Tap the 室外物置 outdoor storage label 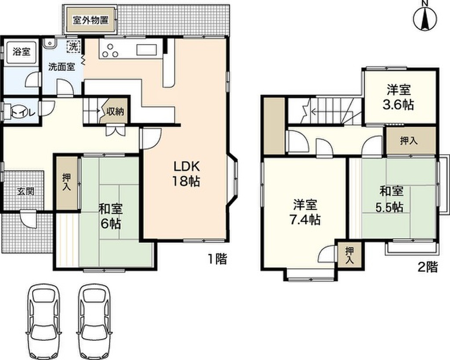point(91,21)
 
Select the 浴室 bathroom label point(21,51)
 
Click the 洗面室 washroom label point(61,67)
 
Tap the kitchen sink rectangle point(149,49)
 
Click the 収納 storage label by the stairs point(115,112)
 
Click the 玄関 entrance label point(24,192)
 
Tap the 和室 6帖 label point(110,215)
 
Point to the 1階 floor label point(218,259)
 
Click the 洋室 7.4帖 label point(306,211)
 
